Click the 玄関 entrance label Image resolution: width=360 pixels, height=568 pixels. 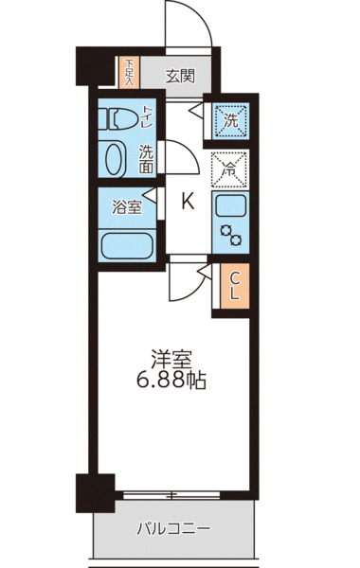[180, 76]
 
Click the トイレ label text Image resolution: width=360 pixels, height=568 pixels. [147, 117]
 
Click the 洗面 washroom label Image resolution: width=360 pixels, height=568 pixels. [147, 158]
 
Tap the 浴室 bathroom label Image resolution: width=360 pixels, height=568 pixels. [127, 207]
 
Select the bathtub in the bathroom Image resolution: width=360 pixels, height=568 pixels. [127, 242]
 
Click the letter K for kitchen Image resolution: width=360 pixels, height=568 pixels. [188, 201]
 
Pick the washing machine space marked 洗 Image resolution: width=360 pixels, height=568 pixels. [232, 119]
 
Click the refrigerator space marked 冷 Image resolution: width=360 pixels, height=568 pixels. [231, 169]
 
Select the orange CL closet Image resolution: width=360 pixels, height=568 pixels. [234, 283]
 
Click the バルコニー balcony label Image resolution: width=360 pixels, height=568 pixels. [173, 526]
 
